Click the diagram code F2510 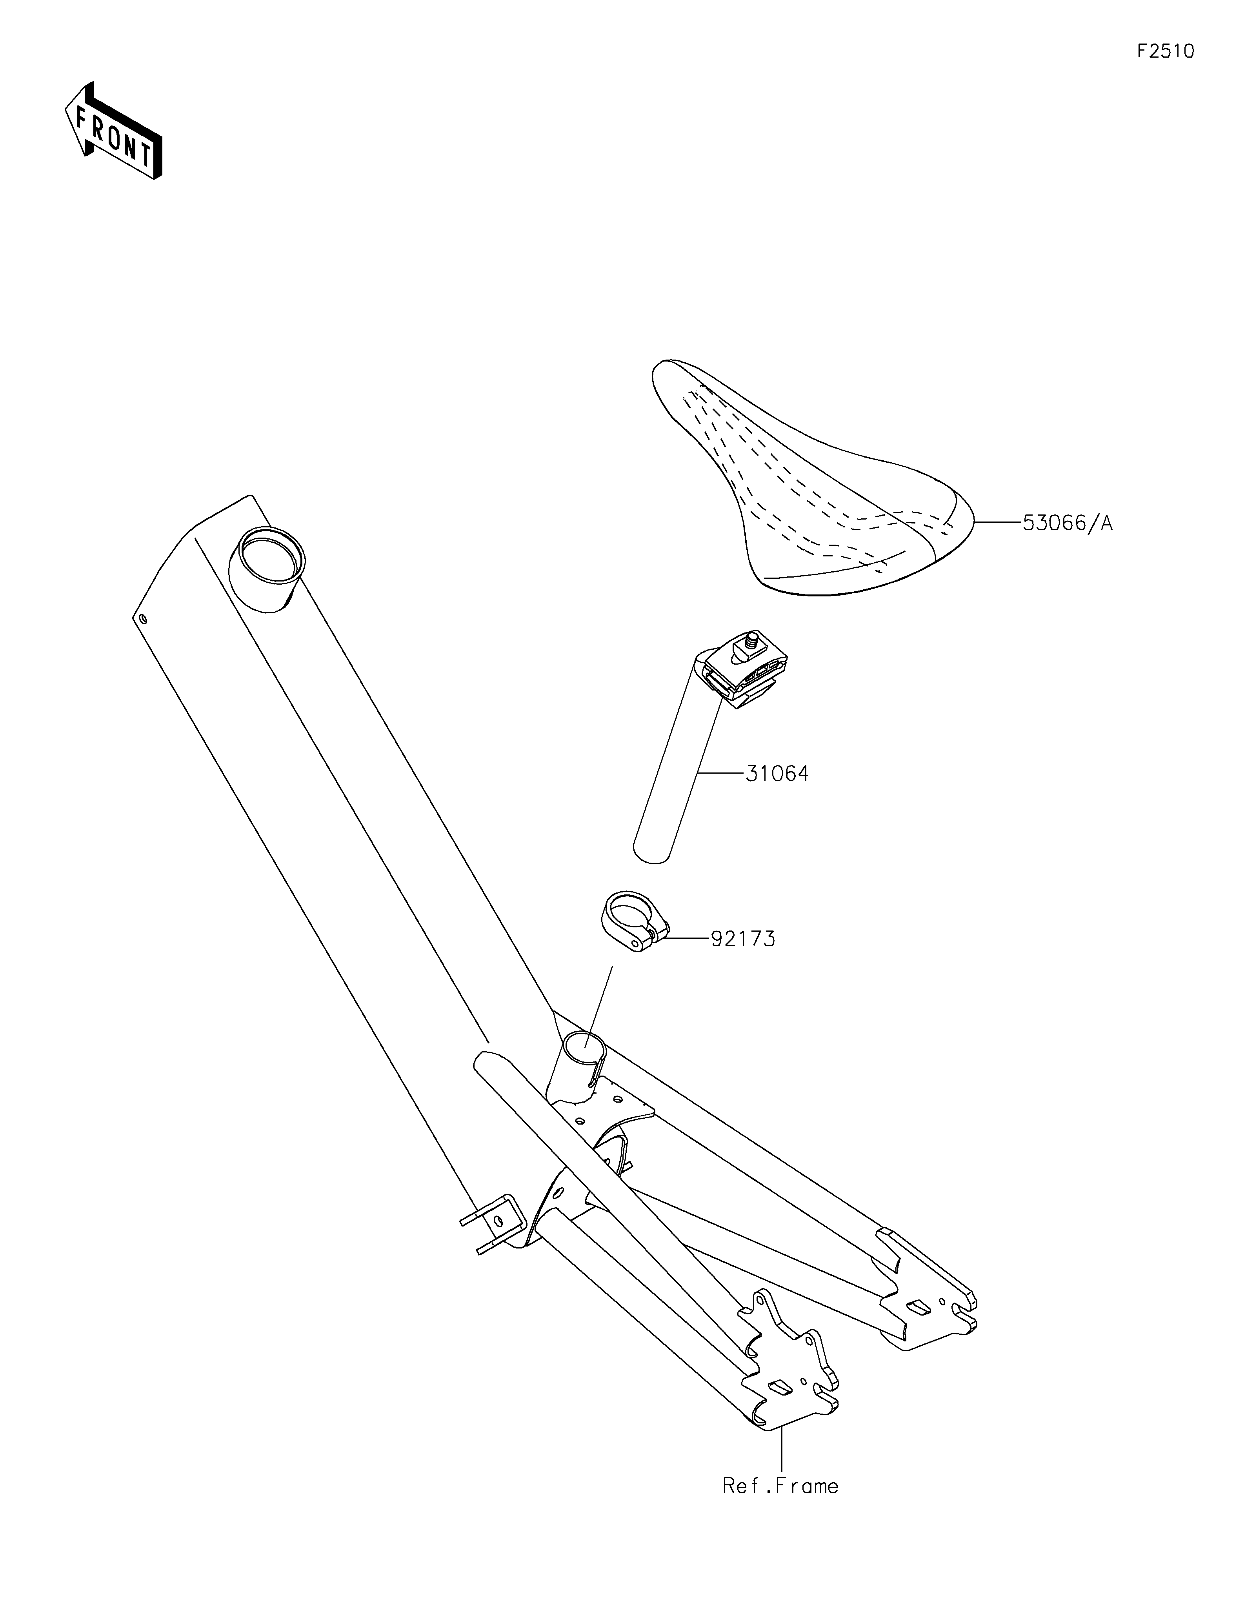coord(1165,51)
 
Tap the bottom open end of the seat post coord(652,854)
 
